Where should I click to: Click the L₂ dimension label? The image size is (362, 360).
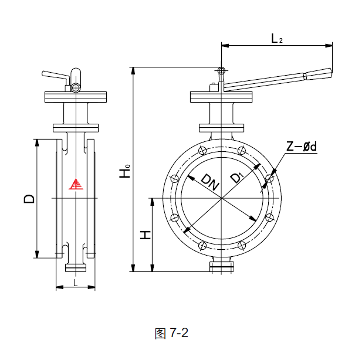[277, 39]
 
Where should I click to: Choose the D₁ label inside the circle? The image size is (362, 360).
[236, 178]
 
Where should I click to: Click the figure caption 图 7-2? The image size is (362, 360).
[171, 333]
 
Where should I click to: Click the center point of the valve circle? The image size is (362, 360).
[222, 198]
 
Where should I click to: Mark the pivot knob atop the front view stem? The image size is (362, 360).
[221, 71]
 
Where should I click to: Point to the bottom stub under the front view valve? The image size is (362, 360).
[222, 267]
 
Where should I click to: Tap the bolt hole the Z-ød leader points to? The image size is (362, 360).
[269, 178]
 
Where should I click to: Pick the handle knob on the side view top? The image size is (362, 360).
[75, 88]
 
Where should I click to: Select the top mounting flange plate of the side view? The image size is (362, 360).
[75, 96]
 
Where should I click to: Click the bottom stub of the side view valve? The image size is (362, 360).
[75, 268]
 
